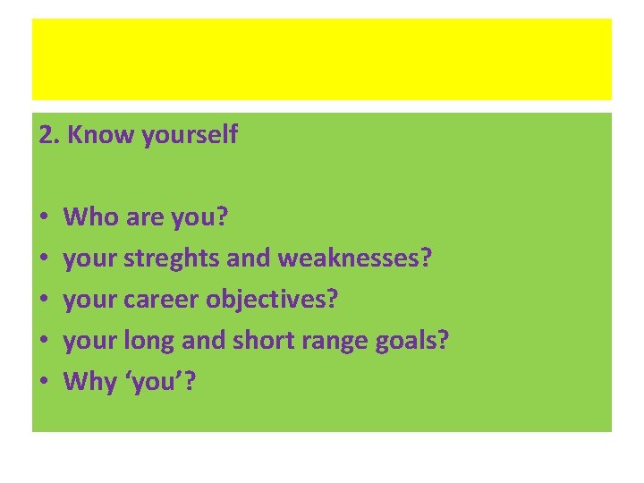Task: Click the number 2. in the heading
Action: coord(50,135)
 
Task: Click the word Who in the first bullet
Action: coord(89,216)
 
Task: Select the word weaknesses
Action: coord(355,258)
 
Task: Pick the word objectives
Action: coord(272,300)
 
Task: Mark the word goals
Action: coord(408,342)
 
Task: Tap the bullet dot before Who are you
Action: coord(43,217)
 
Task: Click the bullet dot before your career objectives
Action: coord(43,301)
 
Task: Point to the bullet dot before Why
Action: coord(43,383)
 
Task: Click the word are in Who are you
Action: coord(141,217)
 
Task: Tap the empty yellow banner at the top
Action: coord(322,59)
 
